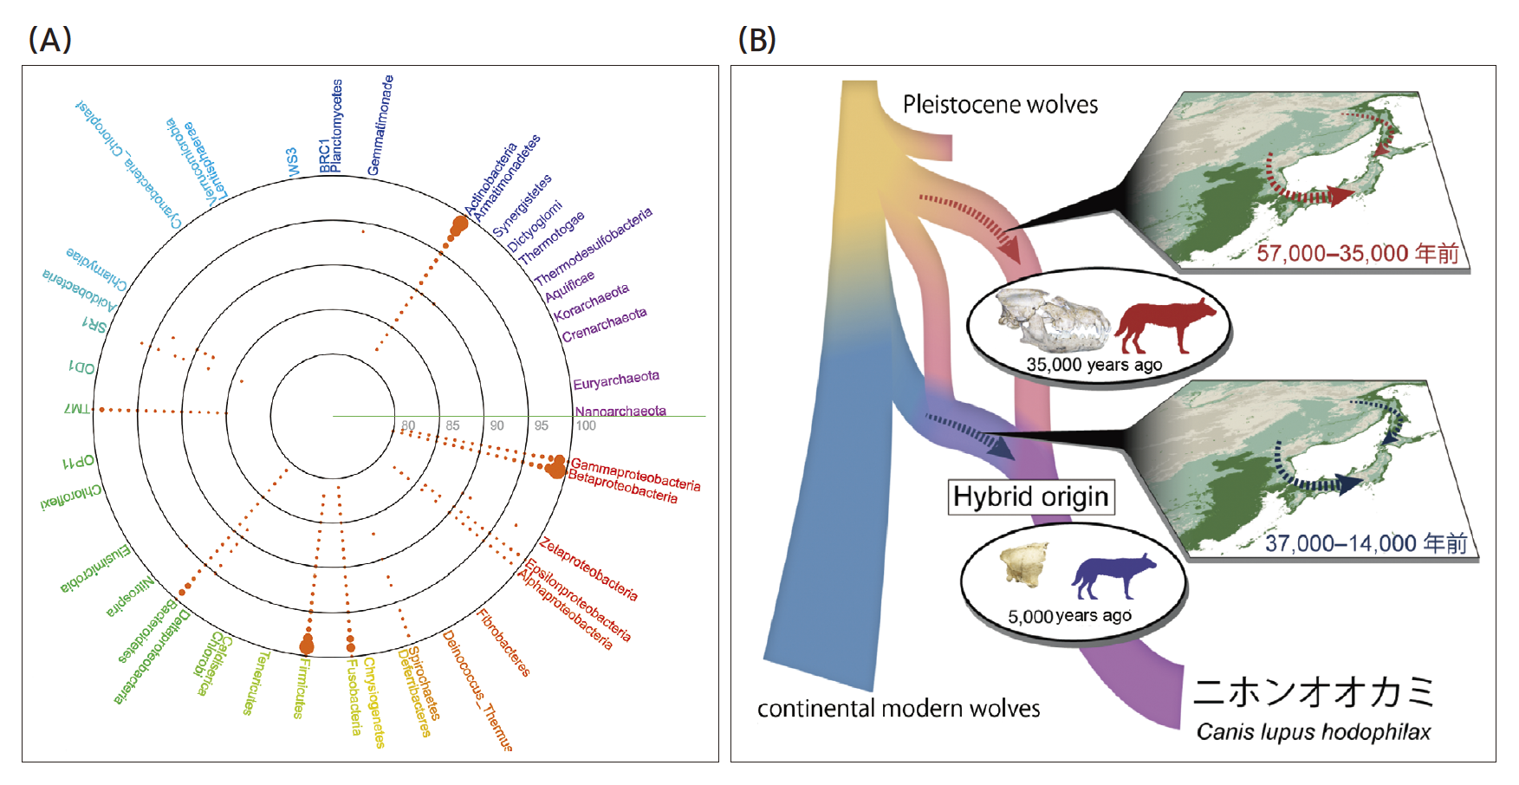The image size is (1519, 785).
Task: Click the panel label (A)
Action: pyautogui.click(x=49, y=40)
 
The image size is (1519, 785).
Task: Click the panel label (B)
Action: pyautogui.click(x=756, y=40)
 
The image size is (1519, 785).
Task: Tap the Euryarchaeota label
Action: pyautogui.click(x=616, y=380)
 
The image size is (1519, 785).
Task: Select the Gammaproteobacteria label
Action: pyautogui.click(x=635, y=474)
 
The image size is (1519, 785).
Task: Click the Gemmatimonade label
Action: pyautogui.click(x=380, y=125)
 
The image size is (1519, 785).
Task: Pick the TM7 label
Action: pyautogui.click(x=77, y=407)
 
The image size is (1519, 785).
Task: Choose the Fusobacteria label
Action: pyautogui.click(x=354, y=697)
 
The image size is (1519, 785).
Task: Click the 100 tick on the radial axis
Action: pyautogui.click(x=586, y=425)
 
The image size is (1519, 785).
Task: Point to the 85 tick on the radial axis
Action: pyautogui.click(x=452, y=425)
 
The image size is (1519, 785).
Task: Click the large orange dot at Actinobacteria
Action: pyautogui.click(x=459, y=224)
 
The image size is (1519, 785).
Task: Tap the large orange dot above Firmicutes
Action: pyautogui.click(x=307, y=645)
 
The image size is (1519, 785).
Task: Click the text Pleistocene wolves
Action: pyautogui.click(x=1000, y=105)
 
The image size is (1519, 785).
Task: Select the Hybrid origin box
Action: pyautogui.click(x=1030, y=496)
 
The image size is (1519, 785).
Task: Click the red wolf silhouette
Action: pyautogui.click(x=1165, y=325)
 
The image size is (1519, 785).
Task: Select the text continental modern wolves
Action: pyautogui.click(x=899, y=709)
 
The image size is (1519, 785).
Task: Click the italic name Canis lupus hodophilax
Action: pyautogui.click(x=1314, y=732)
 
